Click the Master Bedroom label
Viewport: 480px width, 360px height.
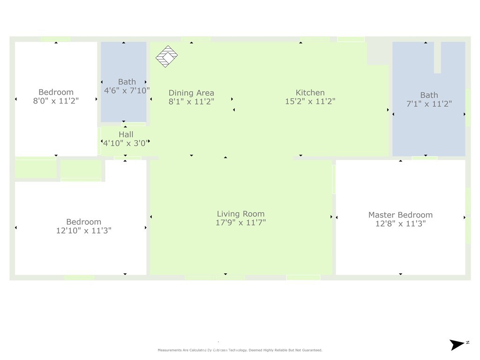400,215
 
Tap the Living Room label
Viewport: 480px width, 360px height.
240,214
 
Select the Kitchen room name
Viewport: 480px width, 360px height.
310,93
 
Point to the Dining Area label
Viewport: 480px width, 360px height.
191,93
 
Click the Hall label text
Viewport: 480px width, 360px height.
126,135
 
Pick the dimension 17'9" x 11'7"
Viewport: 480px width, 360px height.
240,223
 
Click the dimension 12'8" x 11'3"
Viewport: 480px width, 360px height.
400,224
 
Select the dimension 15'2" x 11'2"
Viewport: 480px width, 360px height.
310,101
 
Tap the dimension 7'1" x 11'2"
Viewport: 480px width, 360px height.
428,104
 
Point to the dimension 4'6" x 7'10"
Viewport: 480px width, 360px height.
127,90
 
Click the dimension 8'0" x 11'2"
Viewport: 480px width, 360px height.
56,100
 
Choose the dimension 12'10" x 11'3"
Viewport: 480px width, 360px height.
83,231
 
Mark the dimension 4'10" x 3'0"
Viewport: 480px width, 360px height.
126,143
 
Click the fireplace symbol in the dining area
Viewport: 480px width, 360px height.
166,56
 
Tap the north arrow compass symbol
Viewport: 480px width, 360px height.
457,345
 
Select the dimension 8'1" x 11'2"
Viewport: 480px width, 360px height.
191,101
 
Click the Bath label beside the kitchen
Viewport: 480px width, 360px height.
429,95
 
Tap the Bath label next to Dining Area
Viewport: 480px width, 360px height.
127,82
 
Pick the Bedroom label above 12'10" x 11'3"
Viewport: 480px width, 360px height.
83,222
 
